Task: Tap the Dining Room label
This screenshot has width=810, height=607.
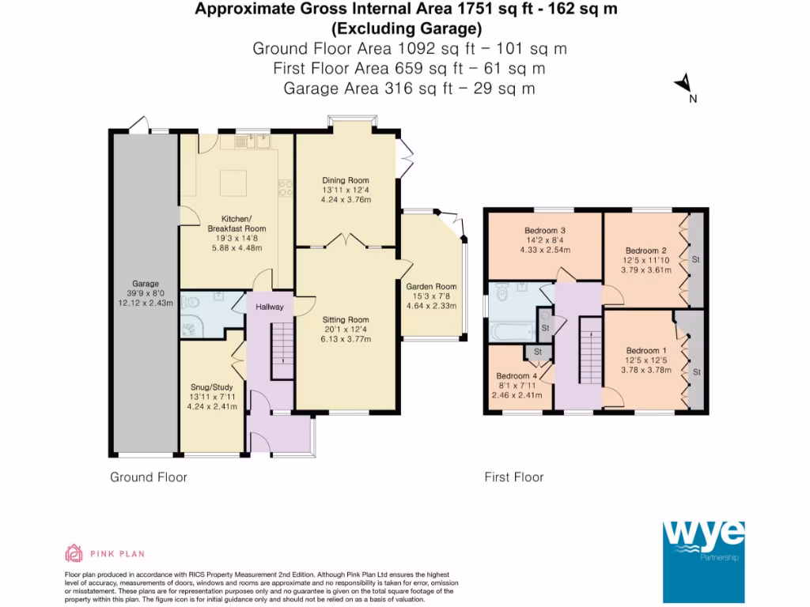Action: point(346,180)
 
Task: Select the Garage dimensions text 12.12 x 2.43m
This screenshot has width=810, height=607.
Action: point(146,303)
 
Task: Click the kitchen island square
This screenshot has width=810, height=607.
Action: point(233,183)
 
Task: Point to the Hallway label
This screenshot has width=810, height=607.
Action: point(270,307)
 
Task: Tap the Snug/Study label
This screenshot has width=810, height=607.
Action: point(212,387)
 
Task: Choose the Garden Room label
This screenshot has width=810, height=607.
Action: point(431,286)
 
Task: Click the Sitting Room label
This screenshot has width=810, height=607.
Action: point(346,319)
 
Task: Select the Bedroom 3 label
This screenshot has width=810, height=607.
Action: point(545,230)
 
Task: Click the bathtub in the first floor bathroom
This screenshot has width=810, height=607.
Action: point(513,332)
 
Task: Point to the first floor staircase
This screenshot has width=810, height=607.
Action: point(591,350)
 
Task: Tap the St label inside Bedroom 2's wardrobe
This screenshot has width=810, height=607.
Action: point(696,259)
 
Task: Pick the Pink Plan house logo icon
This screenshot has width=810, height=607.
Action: point(74,553)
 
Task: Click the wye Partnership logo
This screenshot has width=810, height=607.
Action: point(703,562)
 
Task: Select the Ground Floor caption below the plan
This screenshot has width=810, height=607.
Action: point(148,477)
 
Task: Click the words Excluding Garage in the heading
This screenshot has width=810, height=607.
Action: point(407,28)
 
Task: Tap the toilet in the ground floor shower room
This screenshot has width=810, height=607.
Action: point(191,301)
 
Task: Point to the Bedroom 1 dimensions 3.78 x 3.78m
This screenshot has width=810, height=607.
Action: point(646,370)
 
